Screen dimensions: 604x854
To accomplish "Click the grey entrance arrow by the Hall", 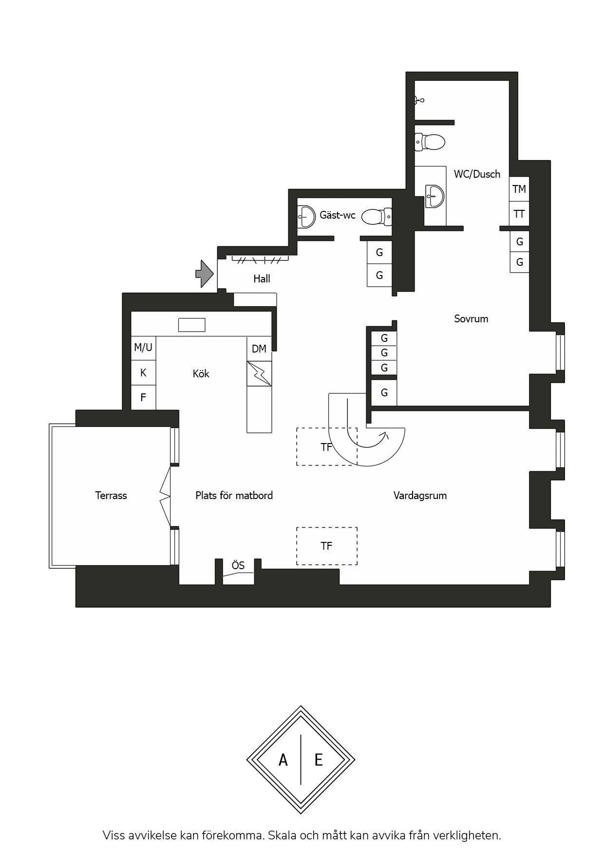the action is coord(205,274).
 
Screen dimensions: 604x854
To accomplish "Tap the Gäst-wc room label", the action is coord(338,215).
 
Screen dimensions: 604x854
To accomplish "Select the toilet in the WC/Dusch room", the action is coord(430,142).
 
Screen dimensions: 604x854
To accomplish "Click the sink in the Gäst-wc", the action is coord(306,216).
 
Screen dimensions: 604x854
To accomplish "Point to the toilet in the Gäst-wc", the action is coord(377,217).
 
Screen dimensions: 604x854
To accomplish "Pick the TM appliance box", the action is coord(519,189).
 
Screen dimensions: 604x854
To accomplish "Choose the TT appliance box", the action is coord(519,214).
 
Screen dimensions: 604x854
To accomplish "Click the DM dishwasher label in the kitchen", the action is coord(259,349).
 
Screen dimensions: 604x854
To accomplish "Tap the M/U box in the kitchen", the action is coord(143,348).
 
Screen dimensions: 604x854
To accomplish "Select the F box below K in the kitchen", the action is coord(143,397).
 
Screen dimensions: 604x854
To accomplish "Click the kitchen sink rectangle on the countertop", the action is coord(191,325).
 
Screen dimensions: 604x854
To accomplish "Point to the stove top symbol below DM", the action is coord(259,373).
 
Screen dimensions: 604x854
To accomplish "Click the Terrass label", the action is coord(111,496).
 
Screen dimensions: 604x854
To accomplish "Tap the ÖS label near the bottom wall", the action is coord(238,565).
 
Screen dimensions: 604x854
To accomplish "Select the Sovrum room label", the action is coord(471,319).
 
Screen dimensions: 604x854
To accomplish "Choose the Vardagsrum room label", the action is coord(420,496).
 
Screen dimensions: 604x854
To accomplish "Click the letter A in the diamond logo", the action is coord(283,760).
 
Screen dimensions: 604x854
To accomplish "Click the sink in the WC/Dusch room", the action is coord(434,196).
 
